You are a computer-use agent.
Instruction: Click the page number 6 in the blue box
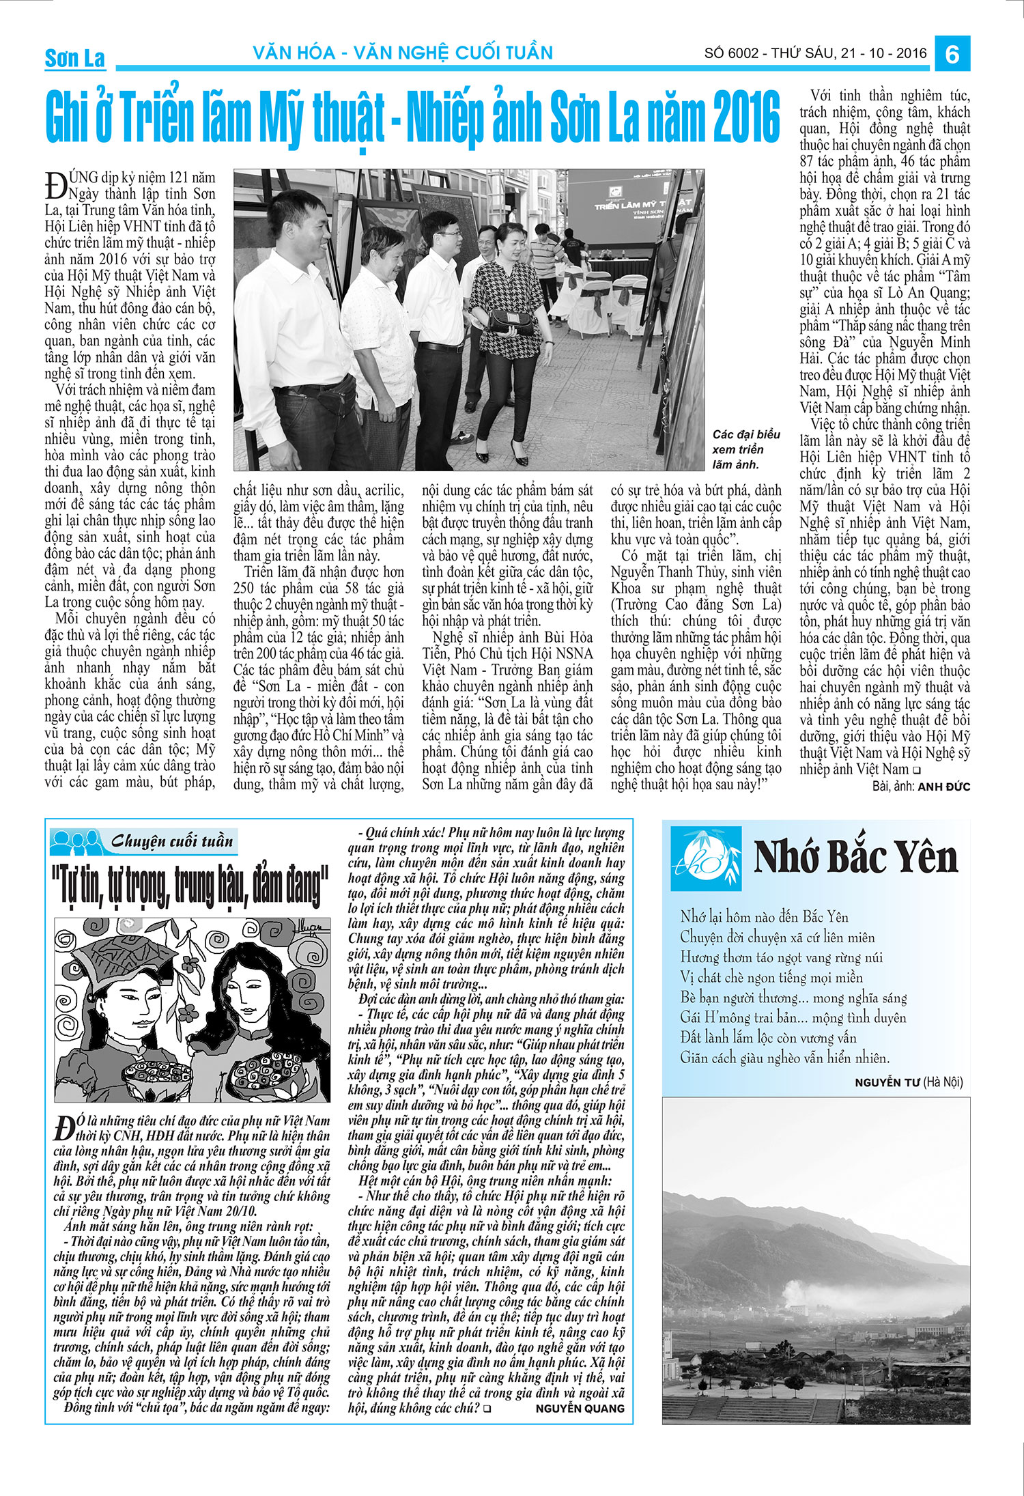pyautogui.click(x=952, y=53)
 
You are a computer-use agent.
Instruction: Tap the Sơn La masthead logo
pyautogui.click(x=75, y=58)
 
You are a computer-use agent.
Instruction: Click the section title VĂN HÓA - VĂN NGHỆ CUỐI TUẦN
pyautogui.click(x=403, y=53)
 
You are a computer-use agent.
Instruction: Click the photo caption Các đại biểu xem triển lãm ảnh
pyautogui.click(x=745, y=449)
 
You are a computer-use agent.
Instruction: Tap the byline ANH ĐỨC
pyautogui.click(x=943, y=787)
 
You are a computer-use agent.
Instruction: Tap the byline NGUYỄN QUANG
pyautogui.click(x=580, y=1408)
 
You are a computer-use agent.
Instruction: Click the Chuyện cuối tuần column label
pyautogui.click(x=172, y=841)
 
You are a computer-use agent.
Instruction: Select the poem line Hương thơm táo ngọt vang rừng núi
pyautogui.click(x=781, y=957)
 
